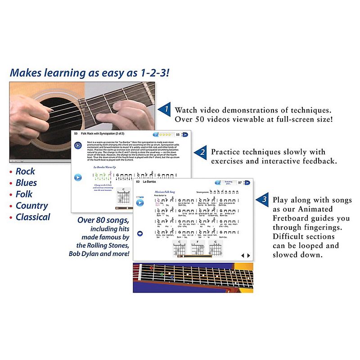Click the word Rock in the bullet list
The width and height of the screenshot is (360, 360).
pos(25,171)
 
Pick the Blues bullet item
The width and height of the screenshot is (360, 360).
pos(26,183)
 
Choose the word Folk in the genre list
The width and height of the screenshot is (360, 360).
pos(25,194)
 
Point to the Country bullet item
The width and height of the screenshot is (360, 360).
pos(31,206)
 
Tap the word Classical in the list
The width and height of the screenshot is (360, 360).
pos(33,217)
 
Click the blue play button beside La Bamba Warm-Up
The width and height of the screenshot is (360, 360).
pos(79,177)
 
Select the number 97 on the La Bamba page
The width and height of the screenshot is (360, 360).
pos(240,183)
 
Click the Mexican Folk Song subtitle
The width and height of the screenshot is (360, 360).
pos(165,192)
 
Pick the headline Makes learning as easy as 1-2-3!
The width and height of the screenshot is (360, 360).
pos(90,72)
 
